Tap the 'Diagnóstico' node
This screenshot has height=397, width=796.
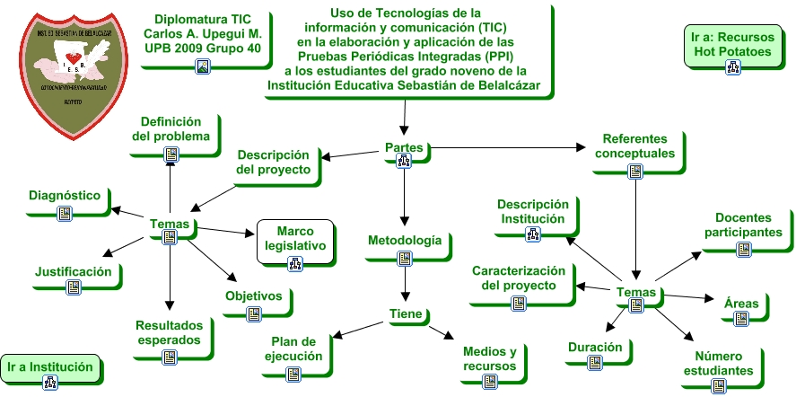(x=64, y=195)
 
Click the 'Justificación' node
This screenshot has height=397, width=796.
(x=74, y=271)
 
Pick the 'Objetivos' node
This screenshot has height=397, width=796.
(x=253, y=296)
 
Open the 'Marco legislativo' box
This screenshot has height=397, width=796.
(x=294, y=240)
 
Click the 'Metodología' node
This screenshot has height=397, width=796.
(x=404, y=241)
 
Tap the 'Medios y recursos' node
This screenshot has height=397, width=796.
(x=489, y=358)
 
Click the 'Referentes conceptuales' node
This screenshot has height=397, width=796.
(x=634, y=146)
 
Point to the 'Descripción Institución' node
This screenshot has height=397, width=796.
(x=532, y=212)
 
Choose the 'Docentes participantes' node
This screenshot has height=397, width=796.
(x=748, y=225)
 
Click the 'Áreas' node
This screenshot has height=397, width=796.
(x=741, y=304)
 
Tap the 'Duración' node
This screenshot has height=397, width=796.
(x=595, y=347)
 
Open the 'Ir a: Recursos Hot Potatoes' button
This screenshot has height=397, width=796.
(x=732, y=45)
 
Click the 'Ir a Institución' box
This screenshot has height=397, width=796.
(x=49, y=366)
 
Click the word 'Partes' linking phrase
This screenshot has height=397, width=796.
(x=404, y=148)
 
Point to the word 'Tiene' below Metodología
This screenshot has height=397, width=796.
(x=406, y=313)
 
